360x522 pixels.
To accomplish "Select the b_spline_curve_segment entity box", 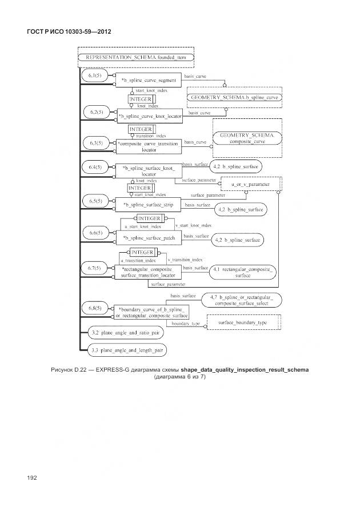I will [x=149, y=81].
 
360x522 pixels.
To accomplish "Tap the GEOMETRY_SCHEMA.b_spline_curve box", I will [x=235, y=98].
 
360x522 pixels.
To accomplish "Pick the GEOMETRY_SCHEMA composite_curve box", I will [x=247, y=138].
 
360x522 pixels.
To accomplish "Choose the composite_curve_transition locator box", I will [x=149, y=146].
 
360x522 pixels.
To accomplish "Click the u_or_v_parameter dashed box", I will [x=250, y=185].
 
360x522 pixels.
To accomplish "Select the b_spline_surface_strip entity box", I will [x=149, y=204].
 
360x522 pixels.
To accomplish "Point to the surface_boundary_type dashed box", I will [x=243, y=322].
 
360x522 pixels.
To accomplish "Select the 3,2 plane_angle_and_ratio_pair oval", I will [x=125, y=332].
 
